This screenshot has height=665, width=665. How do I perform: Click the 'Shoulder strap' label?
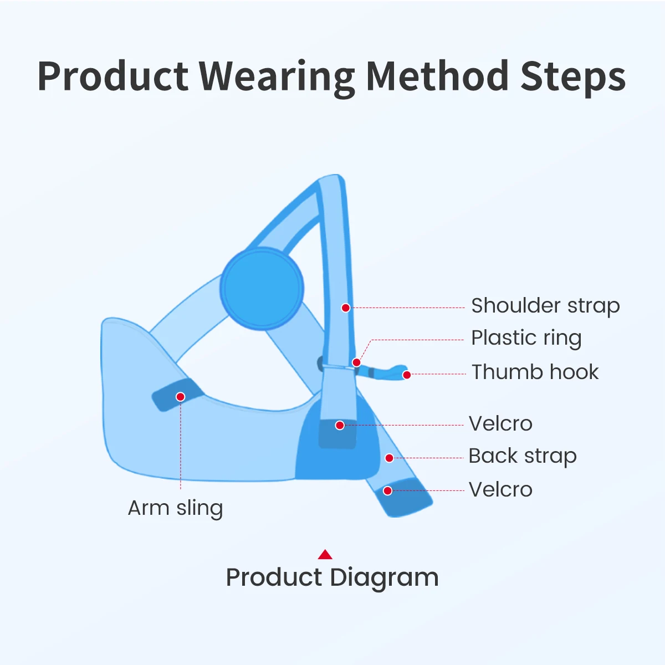click(x=545, y=306)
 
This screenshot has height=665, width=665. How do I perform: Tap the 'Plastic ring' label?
click(x=526, y=338)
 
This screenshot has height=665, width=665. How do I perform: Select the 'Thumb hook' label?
click(x=535, y=372)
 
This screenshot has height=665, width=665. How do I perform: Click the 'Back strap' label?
click(x=523, y=456)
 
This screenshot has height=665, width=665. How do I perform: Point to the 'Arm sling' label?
click(x=175, y=508)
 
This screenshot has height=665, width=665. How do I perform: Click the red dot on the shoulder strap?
click(x=345, y=308)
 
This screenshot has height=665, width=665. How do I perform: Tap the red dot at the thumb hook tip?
click(x=407, y=375)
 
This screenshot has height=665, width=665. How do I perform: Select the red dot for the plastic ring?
click(x=356, y=362)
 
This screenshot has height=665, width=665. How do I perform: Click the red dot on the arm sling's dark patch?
click(x=180, y=397)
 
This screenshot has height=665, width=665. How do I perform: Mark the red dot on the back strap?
click(x=389, y=458)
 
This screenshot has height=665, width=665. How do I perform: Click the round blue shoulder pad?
click(x=262, y=289)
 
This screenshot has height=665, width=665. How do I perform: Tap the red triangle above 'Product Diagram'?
click(x=325, y=554)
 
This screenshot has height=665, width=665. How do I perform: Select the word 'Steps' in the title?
click(x=573, y=76)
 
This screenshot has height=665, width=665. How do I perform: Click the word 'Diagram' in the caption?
click(x=384, y=577)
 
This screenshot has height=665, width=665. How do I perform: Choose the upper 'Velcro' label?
click(x=500, y=423)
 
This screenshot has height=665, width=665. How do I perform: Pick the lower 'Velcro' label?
click(x=500, y=489)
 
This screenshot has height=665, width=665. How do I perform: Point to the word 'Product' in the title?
click(x=113, y=76)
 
